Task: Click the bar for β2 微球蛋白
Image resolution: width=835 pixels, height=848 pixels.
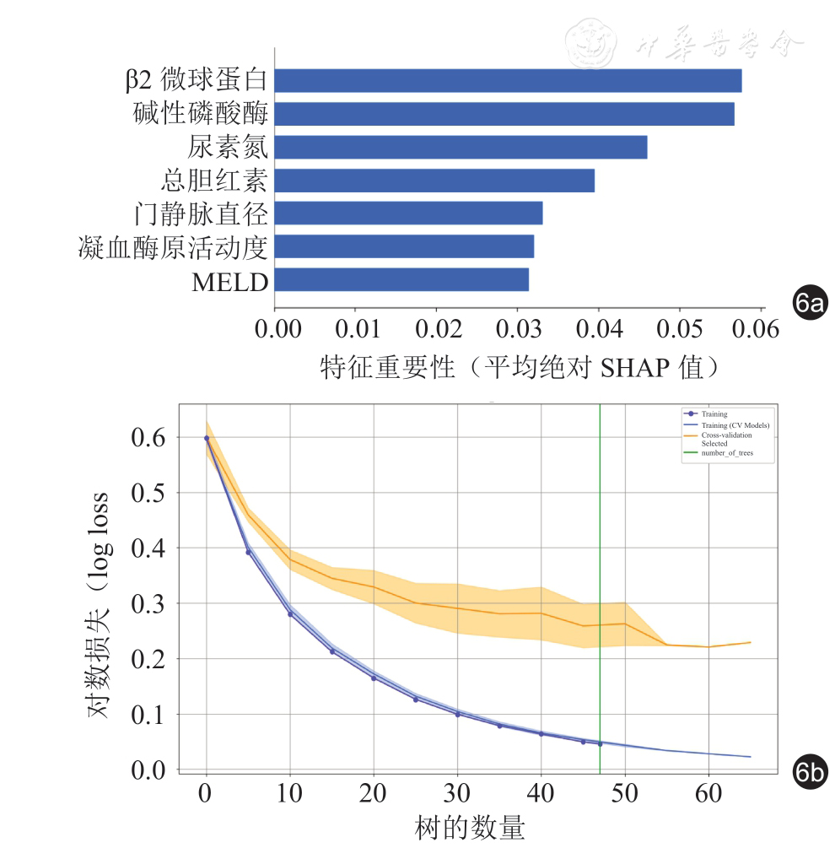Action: click(x=508, y=80)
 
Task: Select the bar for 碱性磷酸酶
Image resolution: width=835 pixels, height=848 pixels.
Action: click(x=504, y=113)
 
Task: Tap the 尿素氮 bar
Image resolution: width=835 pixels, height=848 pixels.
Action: click(x=461, y=147)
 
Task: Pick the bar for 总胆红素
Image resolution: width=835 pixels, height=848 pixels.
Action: click(x=434, y=180)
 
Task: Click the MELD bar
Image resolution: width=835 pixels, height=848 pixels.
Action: click(x=401, y=279)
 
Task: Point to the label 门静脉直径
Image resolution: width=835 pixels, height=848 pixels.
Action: click(x=202, y=213)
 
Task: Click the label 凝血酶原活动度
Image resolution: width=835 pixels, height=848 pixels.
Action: click(x=172, y=246)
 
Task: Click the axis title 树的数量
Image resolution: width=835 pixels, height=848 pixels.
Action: click(x=470, y=828)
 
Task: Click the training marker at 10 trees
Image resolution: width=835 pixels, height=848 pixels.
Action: click(x=290, y=613)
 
